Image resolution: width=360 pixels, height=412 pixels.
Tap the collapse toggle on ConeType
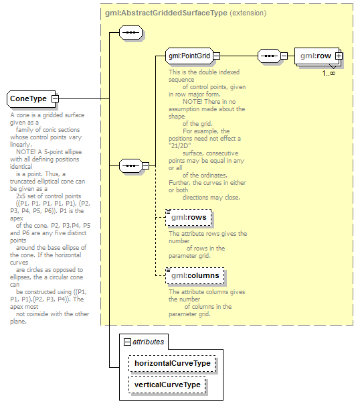click(x=55, y=98)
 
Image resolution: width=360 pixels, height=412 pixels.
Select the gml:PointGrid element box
click(x=189, y=56)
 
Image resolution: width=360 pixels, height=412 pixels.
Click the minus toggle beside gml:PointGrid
click(x=217, y=56)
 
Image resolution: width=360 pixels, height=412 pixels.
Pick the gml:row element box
click(x=317, y=56)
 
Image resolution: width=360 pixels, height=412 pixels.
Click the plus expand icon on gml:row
click(x=339, y=56)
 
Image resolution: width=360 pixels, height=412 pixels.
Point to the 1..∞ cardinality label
click(x=329, y=73)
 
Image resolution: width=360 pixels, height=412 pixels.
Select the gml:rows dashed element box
click(x=189, y=217)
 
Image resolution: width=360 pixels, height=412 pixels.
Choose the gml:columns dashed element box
click(x=195, y=275)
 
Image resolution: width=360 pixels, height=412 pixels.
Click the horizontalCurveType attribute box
click(x=172, y=363)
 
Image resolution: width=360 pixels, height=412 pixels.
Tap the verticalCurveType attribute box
click(x=167, y=385)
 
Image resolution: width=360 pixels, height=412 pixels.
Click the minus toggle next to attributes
click(x=127, y=342)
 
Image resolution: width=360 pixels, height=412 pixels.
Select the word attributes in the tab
click(x=149, y=342)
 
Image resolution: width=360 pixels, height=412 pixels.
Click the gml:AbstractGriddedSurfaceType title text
click(x=166, y=13)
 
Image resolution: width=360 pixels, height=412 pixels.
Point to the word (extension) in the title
click(x=248, y=13)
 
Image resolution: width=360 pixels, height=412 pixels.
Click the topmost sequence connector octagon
click(x=130, y=33)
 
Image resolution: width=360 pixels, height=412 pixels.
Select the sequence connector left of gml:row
click(x=269, y=56)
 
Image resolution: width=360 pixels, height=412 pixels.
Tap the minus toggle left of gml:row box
click(x=284, y=56)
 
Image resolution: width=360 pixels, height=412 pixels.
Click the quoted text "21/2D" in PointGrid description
click(x=180, y=145)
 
